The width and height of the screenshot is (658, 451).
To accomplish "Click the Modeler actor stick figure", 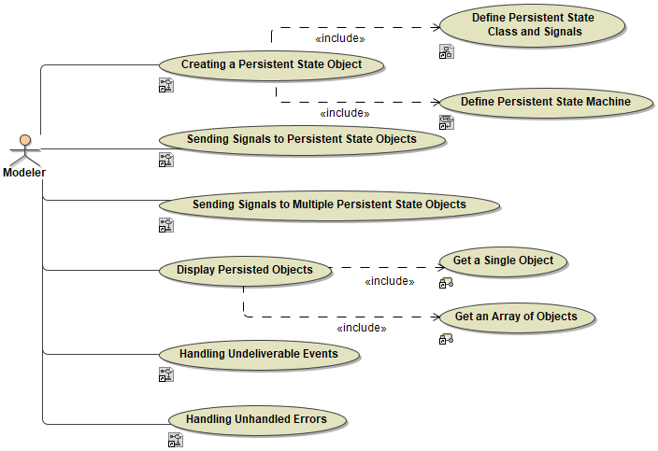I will [25, 149].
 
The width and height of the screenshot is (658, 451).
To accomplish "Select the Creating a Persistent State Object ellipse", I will [270, 65].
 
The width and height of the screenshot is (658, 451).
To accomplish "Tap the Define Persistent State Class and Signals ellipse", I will [533, 25].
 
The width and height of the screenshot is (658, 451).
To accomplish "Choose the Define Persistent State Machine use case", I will [545, 102].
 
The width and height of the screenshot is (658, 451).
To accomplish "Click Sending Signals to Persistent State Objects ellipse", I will [301, 140].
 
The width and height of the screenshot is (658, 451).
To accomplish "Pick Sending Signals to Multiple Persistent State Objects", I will [328, 204].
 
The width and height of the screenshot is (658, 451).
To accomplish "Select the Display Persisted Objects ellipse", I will [245, 271].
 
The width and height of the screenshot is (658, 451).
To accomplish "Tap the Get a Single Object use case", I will [503, 261].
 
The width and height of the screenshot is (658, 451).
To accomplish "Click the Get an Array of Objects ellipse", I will [515, 317].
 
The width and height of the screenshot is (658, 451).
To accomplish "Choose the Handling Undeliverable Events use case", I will [258, 355].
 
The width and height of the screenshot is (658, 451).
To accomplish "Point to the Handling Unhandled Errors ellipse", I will [256, 420].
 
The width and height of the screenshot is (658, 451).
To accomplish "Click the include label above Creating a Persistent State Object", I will [340, 39].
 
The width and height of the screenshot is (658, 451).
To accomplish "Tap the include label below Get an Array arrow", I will [361, 328].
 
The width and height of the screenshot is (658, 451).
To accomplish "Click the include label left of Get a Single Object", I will [389, 281].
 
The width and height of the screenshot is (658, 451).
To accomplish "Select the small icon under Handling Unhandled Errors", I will [175, 440].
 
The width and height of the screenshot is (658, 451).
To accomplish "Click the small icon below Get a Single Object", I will [446, 283].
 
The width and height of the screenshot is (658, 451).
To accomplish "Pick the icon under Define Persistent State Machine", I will [446, 121].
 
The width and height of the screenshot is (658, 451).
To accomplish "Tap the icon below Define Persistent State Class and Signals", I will [446, 52].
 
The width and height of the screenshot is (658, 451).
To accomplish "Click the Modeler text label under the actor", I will [24, 173].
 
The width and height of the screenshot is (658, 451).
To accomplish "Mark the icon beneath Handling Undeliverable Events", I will [165, 374].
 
